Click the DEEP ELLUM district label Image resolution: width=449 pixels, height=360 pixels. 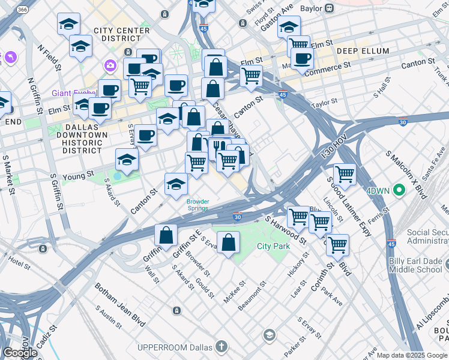(363, 51)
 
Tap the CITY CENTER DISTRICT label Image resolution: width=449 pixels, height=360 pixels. (121, 35)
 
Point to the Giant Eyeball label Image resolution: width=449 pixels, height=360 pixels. (73, 93)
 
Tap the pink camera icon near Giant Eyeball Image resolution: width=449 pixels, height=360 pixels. (110, 65)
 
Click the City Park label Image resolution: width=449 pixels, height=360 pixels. (273, 247)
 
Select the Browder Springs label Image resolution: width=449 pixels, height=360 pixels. (197, 205)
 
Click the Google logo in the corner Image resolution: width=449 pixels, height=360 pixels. (20, 353)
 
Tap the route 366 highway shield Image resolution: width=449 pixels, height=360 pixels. (22, 10)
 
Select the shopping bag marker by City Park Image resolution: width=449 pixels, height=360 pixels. (228, 242)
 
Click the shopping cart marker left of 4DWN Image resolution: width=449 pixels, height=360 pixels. (345, 173)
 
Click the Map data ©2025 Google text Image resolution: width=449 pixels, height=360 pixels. (412, 355)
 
